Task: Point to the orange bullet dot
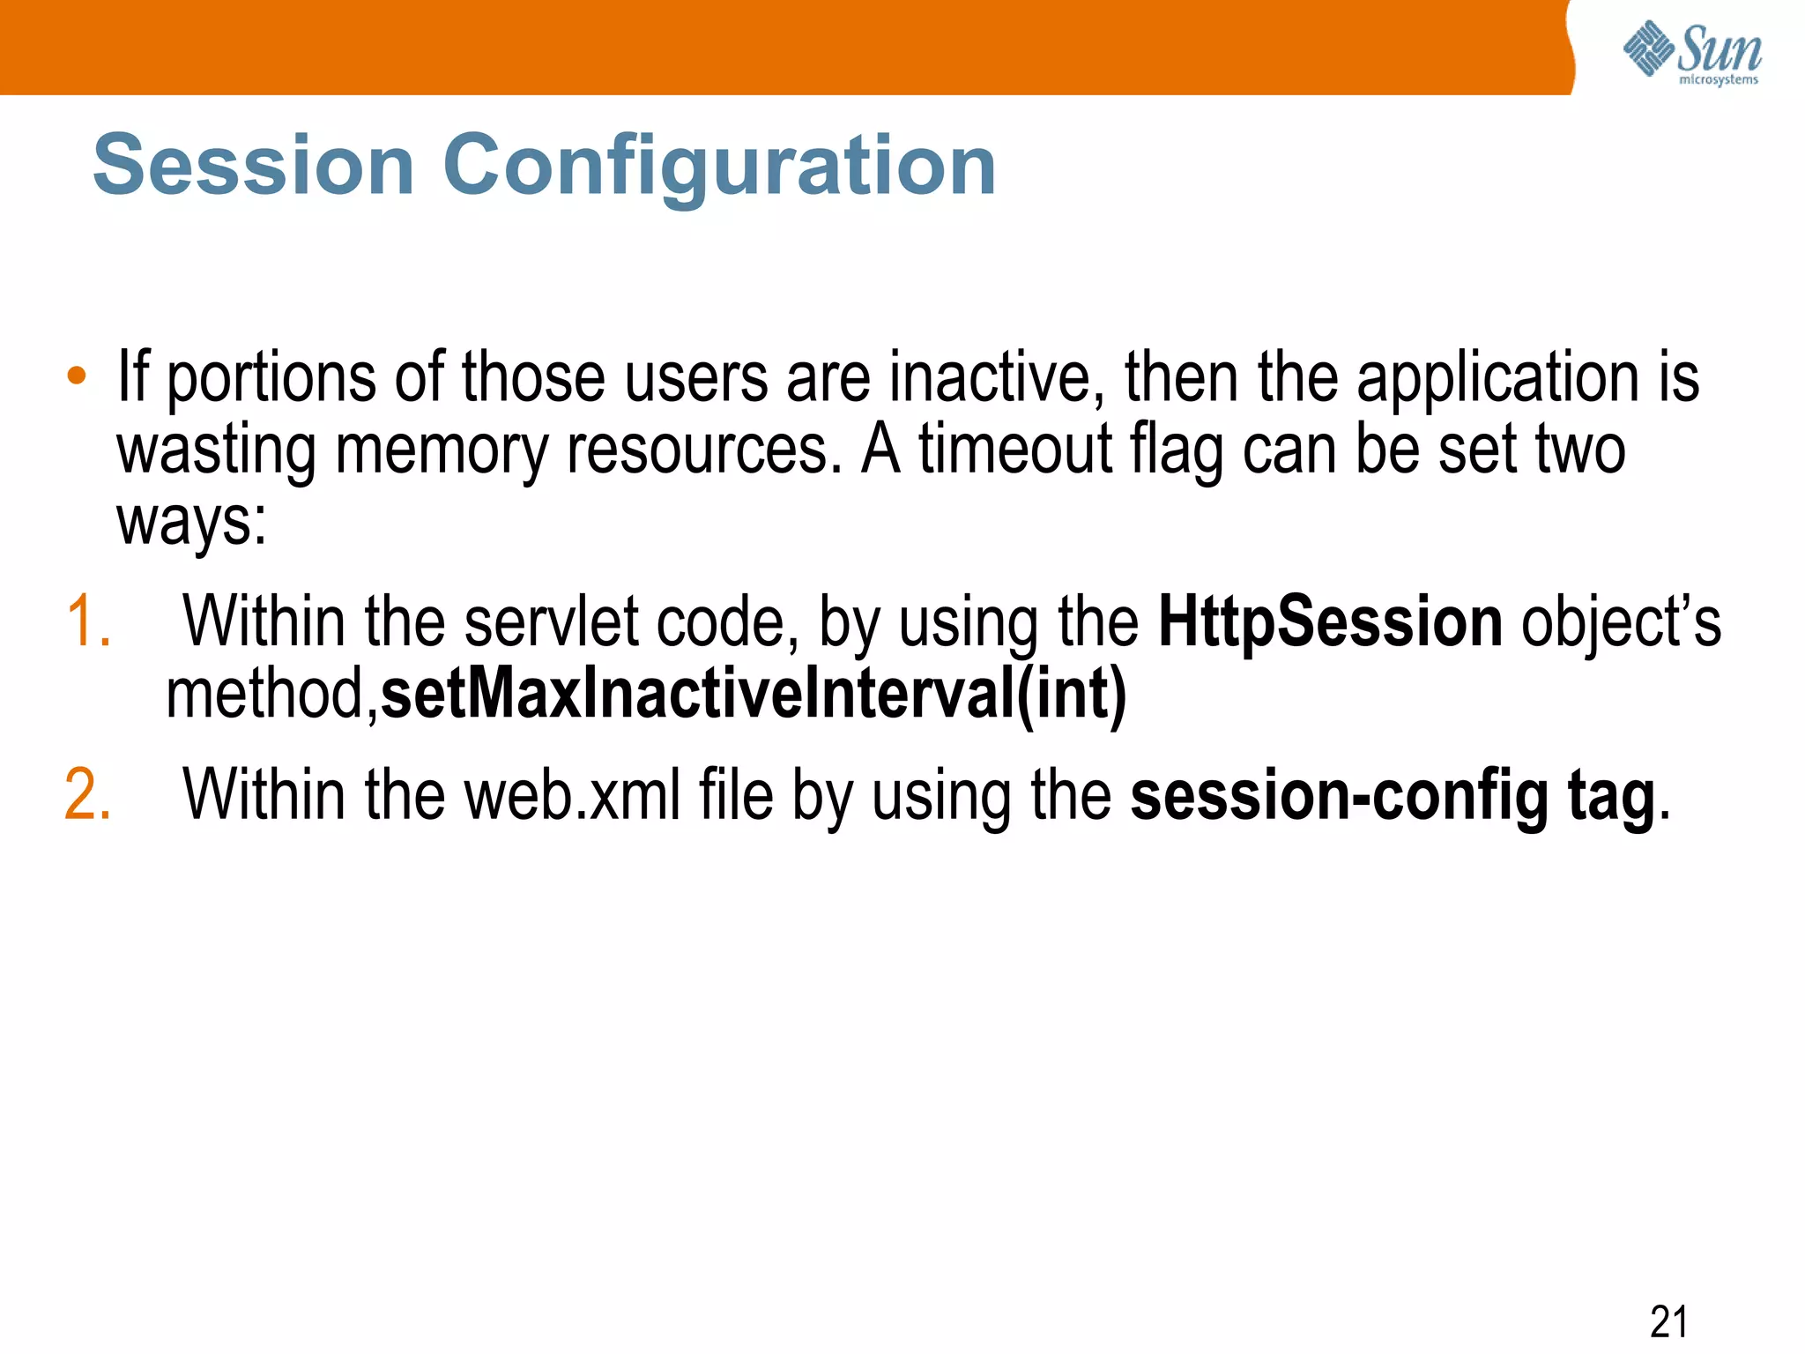pyautogui.click(x=77, y=376)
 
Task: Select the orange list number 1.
pyautogui.click(x=88, y=622)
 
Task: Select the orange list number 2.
pyautogui.click(x=88, y=795)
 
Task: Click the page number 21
pyautogui.click(x=1668, y=1321)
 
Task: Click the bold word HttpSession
pyautogui.click(x=1329, y=622)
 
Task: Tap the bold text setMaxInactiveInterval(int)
pyautogui.click(x=754, y=695)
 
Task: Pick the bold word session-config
pyautogui.click(x=1339, y=795)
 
